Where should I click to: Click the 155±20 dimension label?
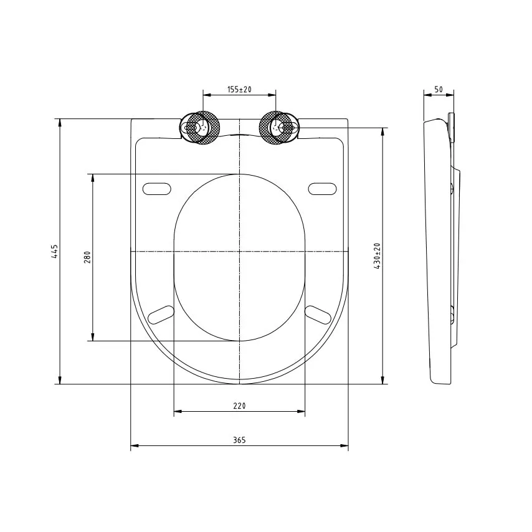[239, 90]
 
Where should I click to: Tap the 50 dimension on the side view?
[439, 90]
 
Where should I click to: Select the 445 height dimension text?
[55, 252]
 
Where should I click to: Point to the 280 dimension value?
[87, 257]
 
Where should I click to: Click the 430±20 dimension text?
[378, 256]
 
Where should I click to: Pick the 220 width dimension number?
[239, 406]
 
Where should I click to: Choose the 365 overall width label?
[239, 440]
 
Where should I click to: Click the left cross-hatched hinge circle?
[204, 128]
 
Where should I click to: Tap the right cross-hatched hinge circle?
[275, 128]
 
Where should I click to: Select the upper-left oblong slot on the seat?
[157, 189]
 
